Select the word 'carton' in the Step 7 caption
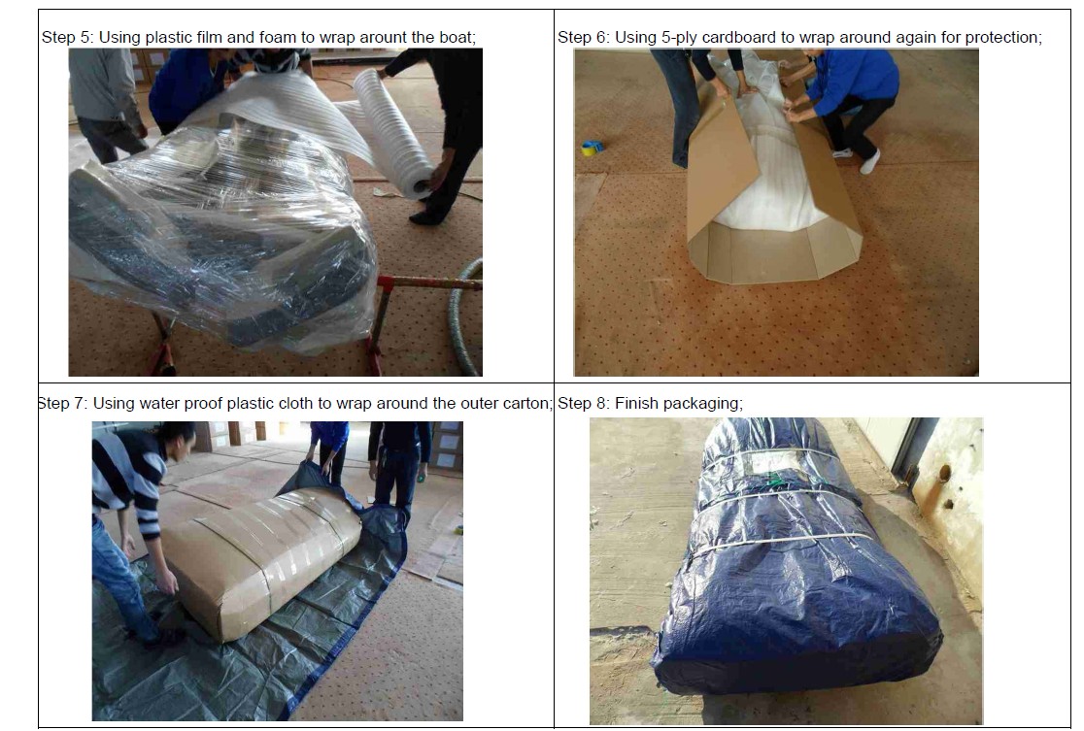527,404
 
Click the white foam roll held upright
394,134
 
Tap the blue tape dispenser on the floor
592,148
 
